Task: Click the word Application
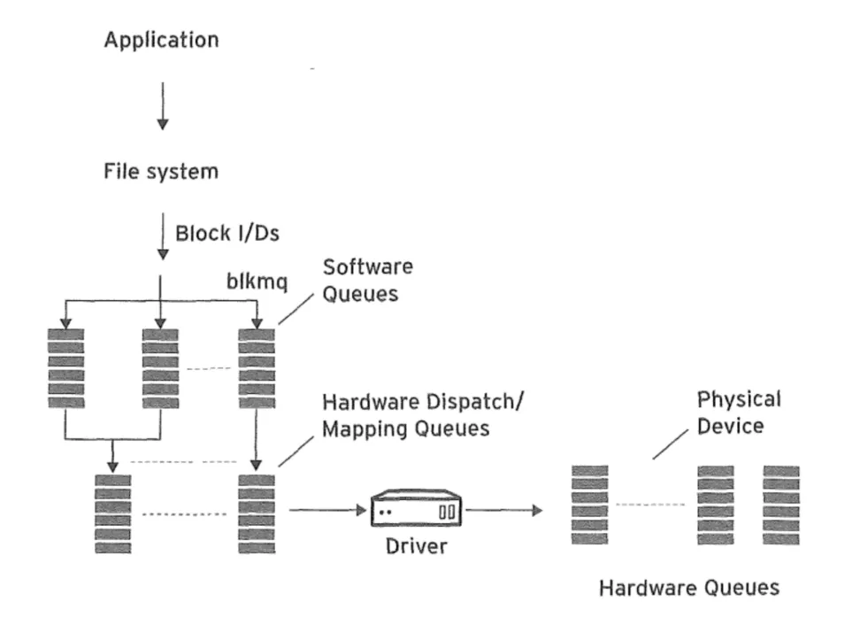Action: (x=161, y=40)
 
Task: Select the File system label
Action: (x=161, y=172)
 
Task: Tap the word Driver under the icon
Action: (x=416, y=546)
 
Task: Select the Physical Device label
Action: (x=739, y=413)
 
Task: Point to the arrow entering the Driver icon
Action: (x=326, y=510)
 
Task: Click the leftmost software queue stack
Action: (x=66, y=367)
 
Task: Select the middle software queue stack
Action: (x=160, y=367)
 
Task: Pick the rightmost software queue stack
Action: (x=257, y=367)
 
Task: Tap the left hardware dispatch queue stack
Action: (x=112, y=513)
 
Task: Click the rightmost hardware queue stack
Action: (x=781, y=505)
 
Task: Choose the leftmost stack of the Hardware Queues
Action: (x=590, y=505)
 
